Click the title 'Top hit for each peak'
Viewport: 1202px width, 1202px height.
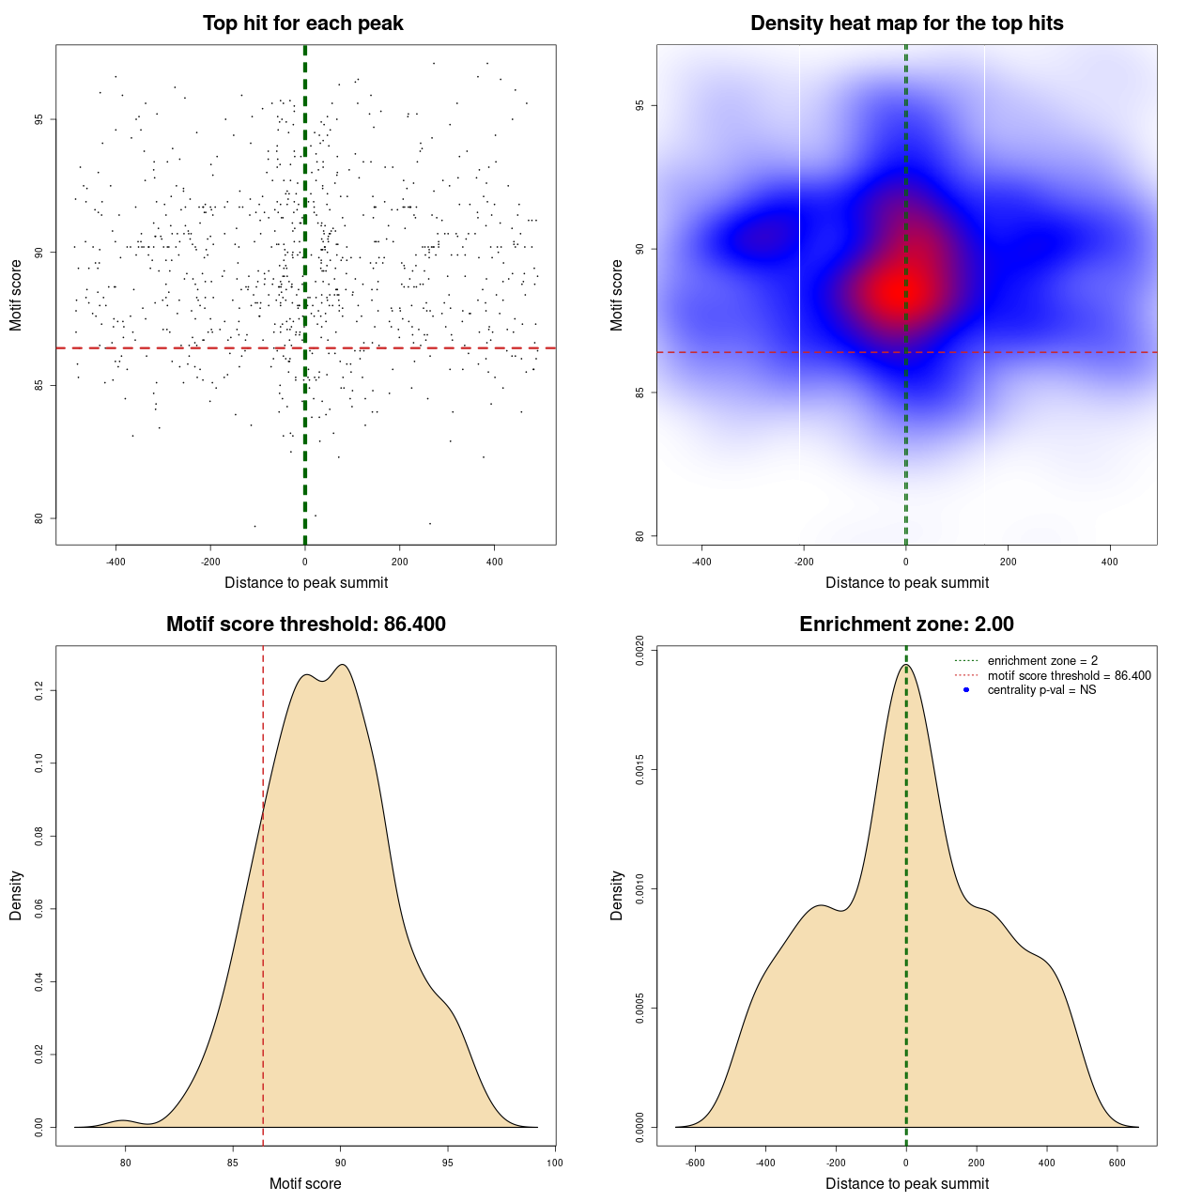[303, 23]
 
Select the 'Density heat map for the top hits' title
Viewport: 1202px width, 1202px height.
[906, 23]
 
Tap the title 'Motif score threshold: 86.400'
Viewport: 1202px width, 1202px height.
[305, 624]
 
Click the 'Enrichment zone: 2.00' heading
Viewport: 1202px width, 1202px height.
[906, 624]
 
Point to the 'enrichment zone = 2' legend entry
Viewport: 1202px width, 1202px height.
[1042, 661]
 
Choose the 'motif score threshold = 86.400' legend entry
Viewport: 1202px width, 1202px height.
[1069, 675]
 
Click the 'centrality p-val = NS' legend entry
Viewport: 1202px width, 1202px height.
[1041, 690]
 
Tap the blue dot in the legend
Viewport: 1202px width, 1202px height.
[966, 690]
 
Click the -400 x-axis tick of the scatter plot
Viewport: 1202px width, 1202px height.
[116, 562]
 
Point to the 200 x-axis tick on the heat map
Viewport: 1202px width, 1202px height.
[1008, 562]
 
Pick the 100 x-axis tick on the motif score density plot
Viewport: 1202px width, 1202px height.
[555, 1163]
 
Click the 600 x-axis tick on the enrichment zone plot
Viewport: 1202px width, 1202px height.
[1117, 1163]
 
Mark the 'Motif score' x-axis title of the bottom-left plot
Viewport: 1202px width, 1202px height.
[305, 1183]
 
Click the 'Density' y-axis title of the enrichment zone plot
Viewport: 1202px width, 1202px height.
[617, 895]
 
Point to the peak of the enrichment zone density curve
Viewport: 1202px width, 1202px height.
[906, 665]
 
